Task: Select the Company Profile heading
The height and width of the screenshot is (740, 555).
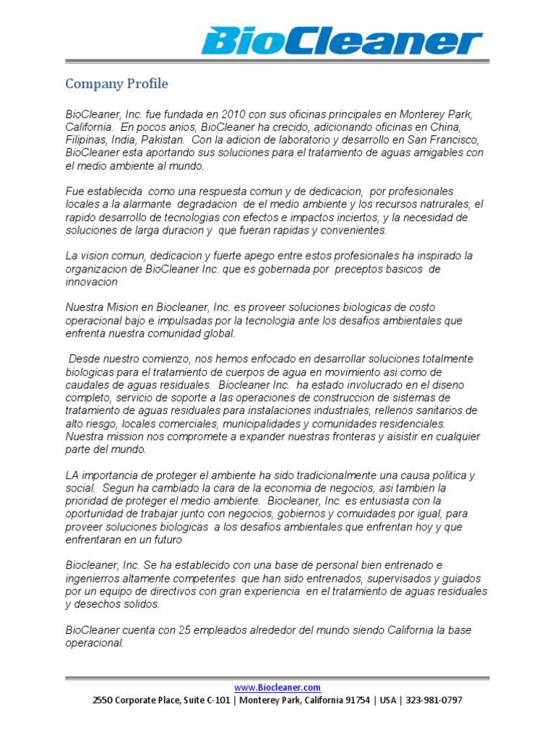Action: point(116,84)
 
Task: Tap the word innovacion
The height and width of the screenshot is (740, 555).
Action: point(91,282)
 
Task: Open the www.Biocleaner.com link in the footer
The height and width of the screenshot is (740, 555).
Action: point(277,688)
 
